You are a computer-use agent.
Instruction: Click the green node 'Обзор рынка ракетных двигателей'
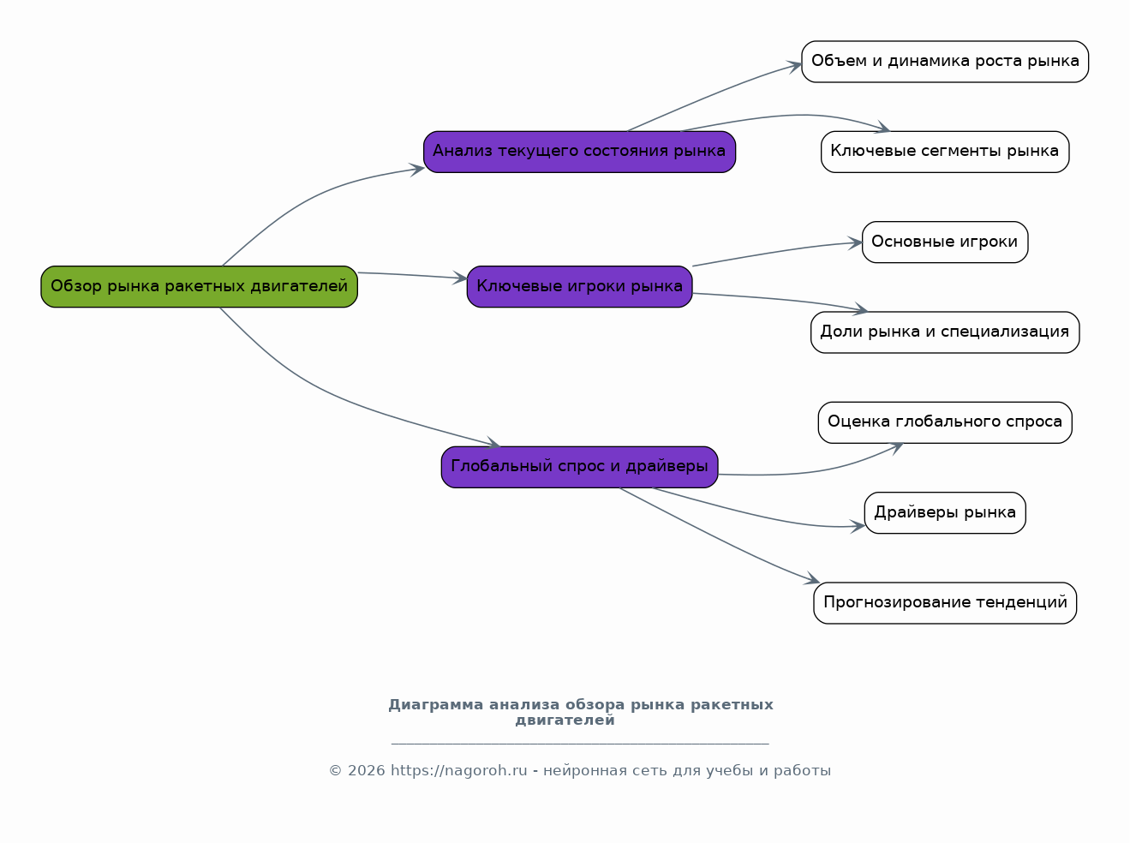[x=200, y=287]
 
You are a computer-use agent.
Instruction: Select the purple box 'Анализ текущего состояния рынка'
[x=580, y=152]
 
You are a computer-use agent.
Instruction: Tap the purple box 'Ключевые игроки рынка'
[x=580, y=287]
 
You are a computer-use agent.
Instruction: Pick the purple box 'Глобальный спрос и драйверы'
[x=580, y=467]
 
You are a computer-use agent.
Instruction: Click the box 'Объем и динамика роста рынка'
[x=945, y=62]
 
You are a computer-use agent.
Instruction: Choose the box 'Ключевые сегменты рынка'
[x=945, y=152]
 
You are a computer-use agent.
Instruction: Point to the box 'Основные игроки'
[x=945, y=242]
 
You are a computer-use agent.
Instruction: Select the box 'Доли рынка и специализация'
[x=945, y=332]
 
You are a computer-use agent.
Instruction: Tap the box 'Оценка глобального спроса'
[x=945, y=422]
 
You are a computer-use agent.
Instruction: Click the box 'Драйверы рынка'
[x=945, y=513]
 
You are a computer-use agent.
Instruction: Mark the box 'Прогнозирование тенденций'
[x=945, y=603]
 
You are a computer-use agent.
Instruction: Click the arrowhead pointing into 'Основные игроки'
[x=856, y=243]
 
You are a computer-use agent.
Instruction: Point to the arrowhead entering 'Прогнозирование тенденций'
[x=812, y=579]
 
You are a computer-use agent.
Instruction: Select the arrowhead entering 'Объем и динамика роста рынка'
[x=794, y=66]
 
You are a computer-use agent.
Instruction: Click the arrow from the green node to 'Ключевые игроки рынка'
[x=413, y=275]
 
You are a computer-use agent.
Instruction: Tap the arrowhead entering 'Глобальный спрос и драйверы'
[x=493, y=443]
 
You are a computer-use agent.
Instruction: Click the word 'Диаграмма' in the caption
[x=435, y=704]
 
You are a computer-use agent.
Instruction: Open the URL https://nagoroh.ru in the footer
[x=459, y=771]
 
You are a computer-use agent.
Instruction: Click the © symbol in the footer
[x=336, y=771]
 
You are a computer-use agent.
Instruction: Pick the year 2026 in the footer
[x=367, y=771]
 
